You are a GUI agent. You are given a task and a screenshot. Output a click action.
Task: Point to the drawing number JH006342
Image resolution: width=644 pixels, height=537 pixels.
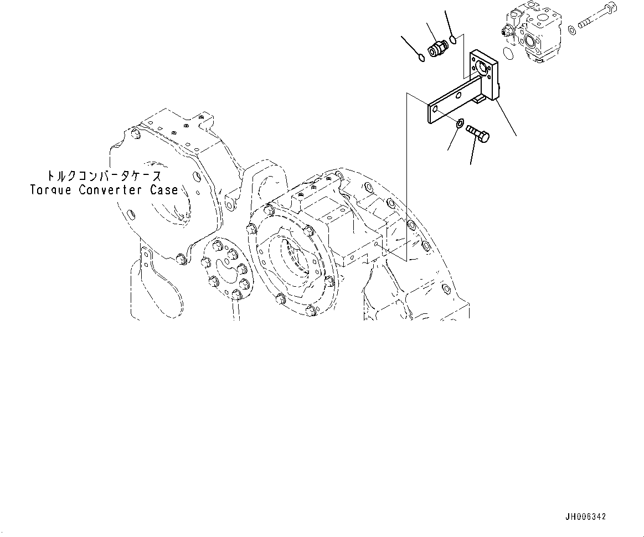pyautogui.click(x=585, y=517)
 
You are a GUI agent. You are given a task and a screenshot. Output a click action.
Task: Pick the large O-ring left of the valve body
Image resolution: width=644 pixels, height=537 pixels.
pyautogui.click(x=507, y=54)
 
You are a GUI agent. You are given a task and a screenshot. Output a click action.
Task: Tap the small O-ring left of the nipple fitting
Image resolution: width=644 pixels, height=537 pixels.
pyautogui.click(x=421, y=57)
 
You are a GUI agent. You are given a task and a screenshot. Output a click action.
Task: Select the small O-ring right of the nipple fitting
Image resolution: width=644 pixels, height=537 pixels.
pyautogui.click(x=453, y=39)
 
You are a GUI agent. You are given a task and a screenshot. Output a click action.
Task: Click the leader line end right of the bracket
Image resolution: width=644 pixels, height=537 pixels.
pyautogui.click(x=516, y=136)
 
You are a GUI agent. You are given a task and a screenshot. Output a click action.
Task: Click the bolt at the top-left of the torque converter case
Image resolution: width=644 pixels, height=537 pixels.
pyautogui.click(x=136, y=133)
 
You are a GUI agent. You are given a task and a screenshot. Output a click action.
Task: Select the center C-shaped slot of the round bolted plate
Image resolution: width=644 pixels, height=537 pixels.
pyautogui.click(x=229, y=270)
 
